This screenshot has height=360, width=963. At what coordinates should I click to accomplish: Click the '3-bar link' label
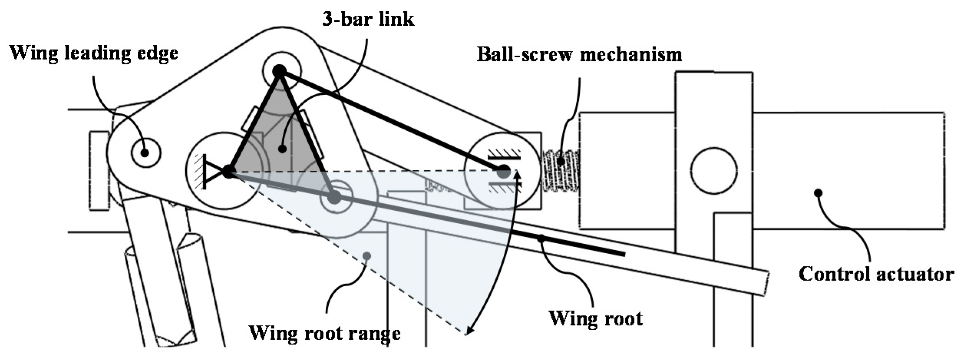[368, 19]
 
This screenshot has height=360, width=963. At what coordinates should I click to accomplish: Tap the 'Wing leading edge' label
[94, 53]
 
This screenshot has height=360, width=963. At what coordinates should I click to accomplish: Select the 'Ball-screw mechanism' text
[579, 54]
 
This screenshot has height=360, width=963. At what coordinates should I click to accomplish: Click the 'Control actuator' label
[876, 274]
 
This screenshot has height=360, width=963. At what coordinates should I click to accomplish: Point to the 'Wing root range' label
[325, 333]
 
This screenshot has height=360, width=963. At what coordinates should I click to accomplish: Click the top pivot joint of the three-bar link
[279, 71]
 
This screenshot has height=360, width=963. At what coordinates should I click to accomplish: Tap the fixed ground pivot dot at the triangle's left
[228, 171]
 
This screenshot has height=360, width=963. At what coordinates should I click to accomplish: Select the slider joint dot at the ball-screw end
[503, 172]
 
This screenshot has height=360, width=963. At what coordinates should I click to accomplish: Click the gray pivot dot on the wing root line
[335, 198]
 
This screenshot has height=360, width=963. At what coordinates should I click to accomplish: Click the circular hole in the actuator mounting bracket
[714, 170]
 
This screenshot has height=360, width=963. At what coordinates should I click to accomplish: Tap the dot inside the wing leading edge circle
[145, 153]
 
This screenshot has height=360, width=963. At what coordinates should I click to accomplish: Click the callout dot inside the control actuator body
[818, 192]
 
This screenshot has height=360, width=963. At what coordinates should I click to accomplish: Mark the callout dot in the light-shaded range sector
[367, 255]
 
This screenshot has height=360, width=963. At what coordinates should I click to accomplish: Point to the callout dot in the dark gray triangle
[282, 149]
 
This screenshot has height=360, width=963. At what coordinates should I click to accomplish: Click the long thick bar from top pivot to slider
[391, 121]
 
